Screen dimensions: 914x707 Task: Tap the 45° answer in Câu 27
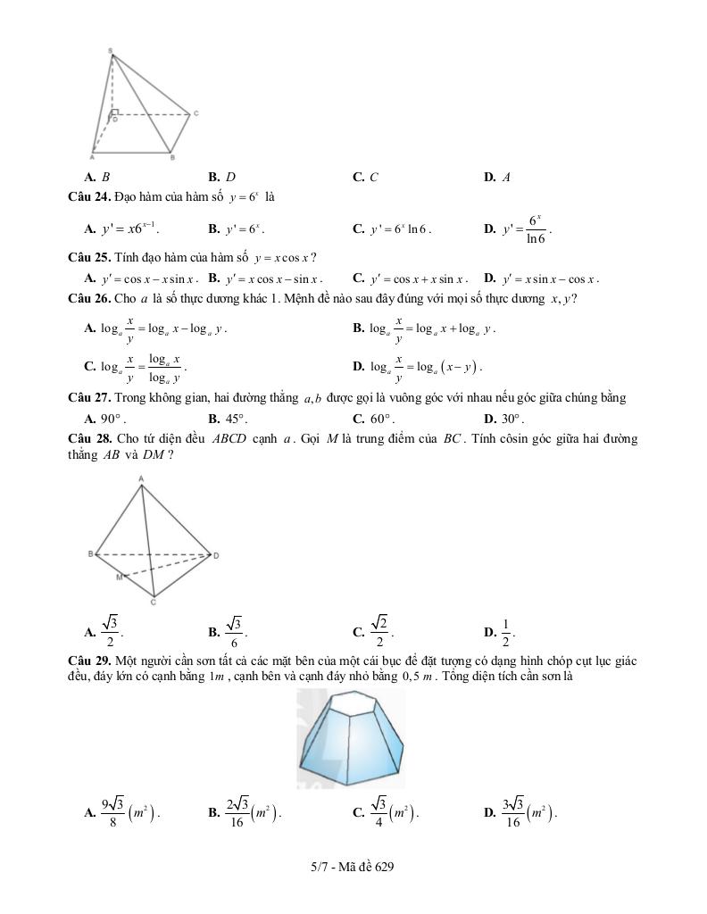[235, 419]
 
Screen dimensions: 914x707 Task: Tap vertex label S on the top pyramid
[110, 50]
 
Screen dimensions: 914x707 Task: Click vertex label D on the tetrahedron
[216, 555]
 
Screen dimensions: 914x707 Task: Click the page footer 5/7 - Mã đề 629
[353, 866]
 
